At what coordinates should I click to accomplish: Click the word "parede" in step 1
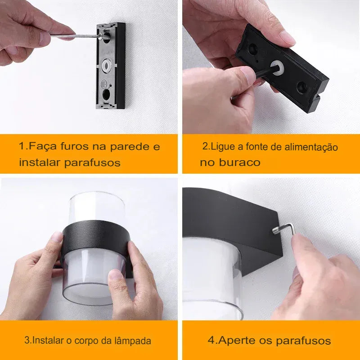click(130, 147)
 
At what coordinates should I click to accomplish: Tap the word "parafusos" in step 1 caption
click(92, 162)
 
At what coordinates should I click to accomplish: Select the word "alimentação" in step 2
click(311, 147)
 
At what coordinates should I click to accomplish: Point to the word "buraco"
click(239, 162)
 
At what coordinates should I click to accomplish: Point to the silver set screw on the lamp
click(276, 230)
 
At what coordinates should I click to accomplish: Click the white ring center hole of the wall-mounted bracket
click(107, 66)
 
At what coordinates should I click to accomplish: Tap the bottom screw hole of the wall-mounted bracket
click(106, 94)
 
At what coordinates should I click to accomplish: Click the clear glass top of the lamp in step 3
click(97, 207)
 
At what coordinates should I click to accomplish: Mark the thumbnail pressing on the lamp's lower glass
click(115, 274)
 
